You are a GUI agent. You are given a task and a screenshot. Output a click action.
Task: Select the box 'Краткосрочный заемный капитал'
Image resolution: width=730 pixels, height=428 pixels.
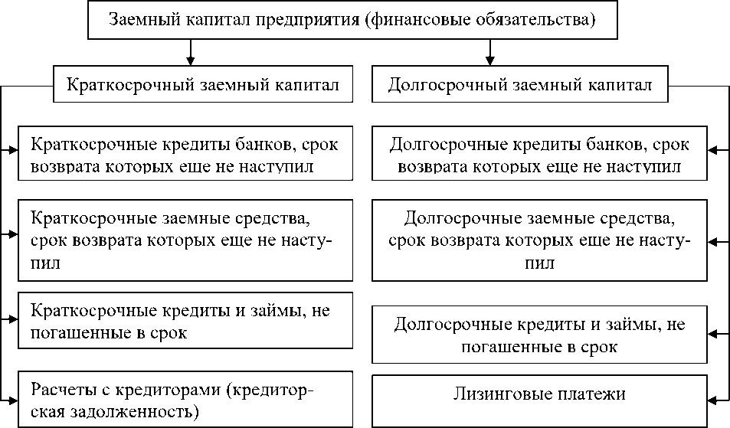pyautogui.click(x=203, y=84)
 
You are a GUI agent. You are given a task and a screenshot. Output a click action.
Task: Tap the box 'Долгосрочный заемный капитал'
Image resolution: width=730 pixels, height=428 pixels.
pyautogui.click(x=520, y=84)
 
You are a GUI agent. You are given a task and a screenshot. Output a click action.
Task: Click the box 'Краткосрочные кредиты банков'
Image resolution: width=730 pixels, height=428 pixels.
pyautogui.click(x=185, y=155)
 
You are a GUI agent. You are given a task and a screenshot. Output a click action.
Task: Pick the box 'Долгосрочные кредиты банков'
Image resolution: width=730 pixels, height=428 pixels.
pyautogui.click(x=539, y=155)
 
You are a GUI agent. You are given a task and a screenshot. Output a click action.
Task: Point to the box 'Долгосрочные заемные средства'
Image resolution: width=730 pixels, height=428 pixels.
pyautogui.click(x=539, y=239)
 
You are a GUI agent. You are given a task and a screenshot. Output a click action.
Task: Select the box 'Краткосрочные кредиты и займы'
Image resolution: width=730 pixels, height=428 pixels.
pyautogui.click(x=185, y=322)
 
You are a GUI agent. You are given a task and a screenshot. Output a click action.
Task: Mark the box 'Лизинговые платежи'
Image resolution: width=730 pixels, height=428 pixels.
pyautogui.click(x=539, y=396)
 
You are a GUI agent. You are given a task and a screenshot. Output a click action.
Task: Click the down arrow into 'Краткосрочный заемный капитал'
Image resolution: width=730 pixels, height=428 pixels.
pyautogui.click(x=192, y=58)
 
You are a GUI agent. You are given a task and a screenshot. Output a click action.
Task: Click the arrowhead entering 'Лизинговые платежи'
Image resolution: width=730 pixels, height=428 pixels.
pyautogui.click(x=712, y=396)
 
